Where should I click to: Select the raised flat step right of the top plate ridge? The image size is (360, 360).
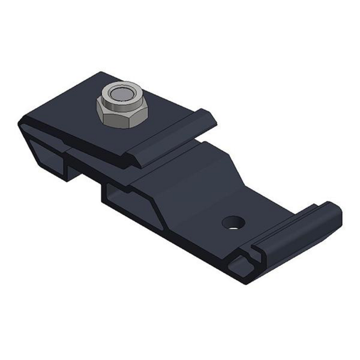(210, 152)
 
